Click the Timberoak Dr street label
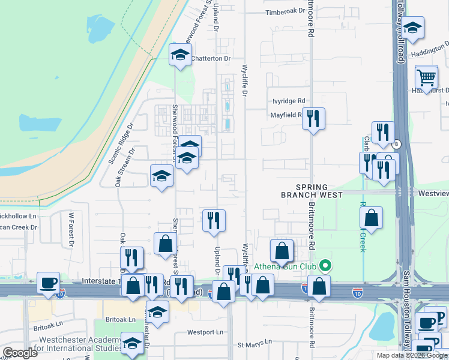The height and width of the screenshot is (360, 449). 286,11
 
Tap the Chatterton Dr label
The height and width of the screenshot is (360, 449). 211,58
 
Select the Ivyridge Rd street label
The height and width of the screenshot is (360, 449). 289,101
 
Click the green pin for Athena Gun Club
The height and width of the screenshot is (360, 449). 326,265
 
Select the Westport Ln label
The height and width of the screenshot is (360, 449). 205,332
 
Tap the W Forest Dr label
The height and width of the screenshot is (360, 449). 71,230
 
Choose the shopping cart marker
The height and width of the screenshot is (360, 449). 426,77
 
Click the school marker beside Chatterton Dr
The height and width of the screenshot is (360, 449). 179,55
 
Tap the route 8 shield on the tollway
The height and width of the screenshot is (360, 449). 397,144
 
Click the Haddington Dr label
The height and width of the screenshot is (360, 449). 429,49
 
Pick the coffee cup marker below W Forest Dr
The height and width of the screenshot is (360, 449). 48,283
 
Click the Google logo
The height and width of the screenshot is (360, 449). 20,353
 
